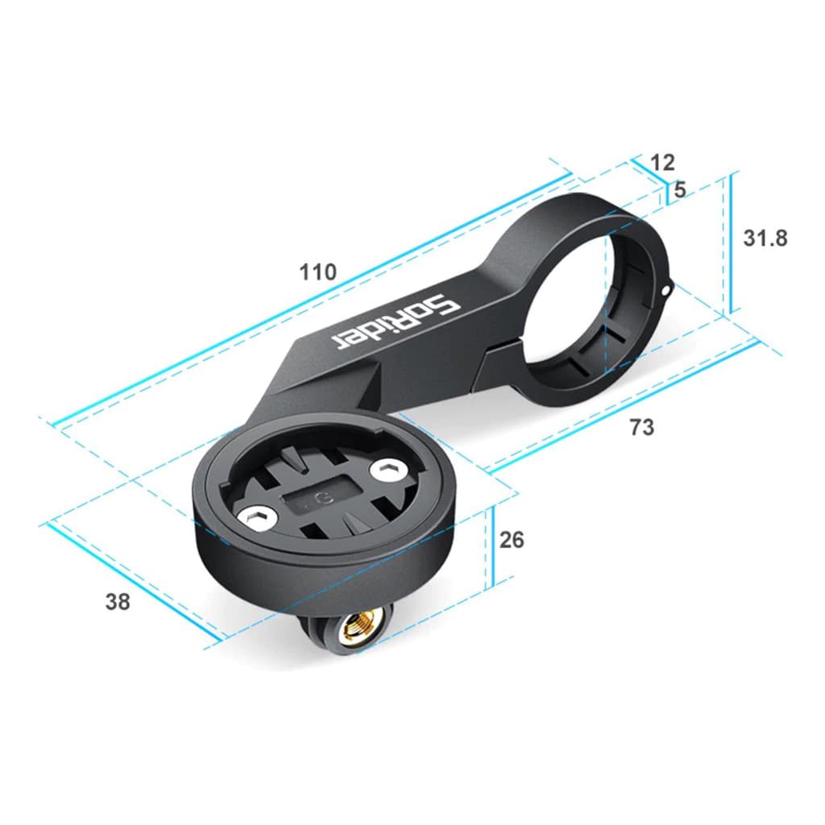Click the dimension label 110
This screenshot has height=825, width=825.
click(x=318, y=272)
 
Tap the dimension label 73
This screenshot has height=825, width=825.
click(x=642, y=427)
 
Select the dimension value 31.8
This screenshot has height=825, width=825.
click(x=765, y=238)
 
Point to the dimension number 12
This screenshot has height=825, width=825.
click(x=662, y=162)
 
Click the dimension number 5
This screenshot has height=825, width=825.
click(x=679, y=190)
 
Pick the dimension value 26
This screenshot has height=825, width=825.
click(x=512, y=539)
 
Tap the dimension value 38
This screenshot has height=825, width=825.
click(x=118, y=601)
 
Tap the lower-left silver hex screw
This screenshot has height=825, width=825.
click(x=258, y=520)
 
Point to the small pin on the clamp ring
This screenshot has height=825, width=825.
click(x=665, y=286)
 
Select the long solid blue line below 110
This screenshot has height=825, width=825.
click(x=306, y=299)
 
